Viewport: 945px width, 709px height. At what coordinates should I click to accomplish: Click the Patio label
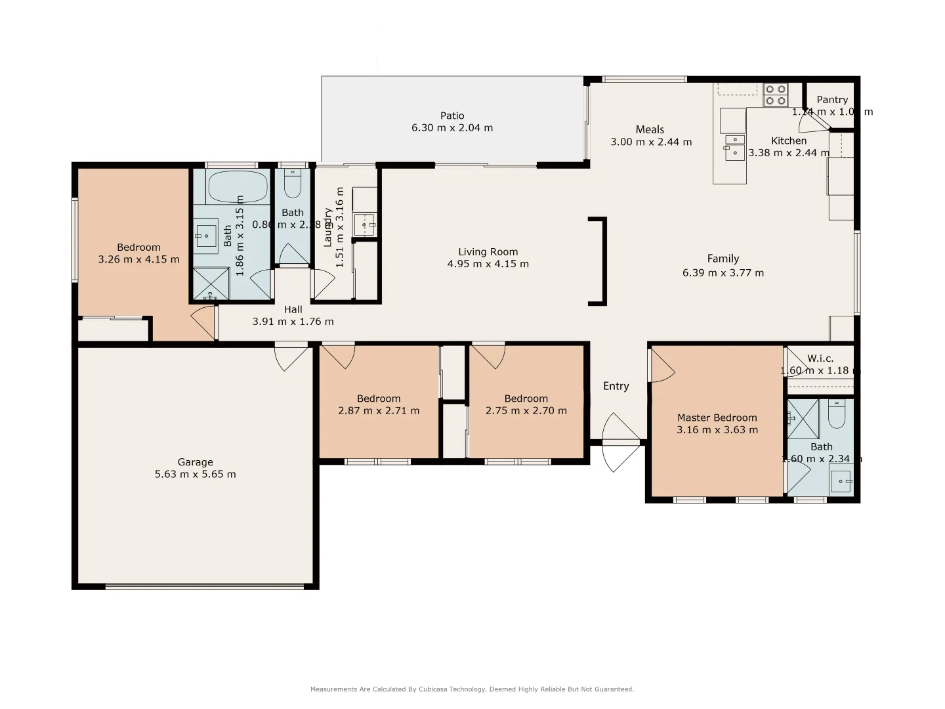[452, 116]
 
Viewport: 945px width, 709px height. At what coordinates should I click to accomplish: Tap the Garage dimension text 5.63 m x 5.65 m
[195, 474]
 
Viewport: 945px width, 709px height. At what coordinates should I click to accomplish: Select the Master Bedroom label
[717, 418]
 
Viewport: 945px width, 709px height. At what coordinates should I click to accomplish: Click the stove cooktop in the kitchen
[776, 95]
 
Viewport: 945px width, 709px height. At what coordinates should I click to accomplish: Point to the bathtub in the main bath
[238, 187]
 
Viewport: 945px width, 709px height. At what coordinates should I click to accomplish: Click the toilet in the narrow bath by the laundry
[293, 184]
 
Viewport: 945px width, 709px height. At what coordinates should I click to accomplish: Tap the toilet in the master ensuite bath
[837, 415]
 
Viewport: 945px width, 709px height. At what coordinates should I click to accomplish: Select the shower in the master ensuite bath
[803, 419]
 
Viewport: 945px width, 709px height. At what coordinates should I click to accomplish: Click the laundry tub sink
[365, 225]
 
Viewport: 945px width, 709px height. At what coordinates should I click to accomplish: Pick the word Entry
[616, 386]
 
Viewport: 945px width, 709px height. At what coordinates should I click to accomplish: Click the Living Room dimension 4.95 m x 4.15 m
[488, 264]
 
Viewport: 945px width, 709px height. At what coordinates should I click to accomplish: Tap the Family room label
[723, 259]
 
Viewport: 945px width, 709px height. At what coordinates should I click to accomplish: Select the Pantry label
[832, 100]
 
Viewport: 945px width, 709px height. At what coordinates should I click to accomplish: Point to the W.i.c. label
[820, 358]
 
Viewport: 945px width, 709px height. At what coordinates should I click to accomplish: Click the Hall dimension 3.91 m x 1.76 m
[293, 322]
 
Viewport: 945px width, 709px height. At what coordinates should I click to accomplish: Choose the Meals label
[650, 129]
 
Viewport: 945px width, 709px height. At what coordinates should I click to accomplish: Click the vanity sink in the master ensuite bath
[840, 481]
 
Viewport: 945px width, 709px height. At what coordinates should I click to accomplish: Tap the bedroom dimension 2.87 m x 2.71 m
[379, 411]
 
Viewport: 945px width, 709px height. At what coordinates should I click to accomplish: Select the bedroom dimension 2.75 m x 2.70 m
[526, 411]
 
